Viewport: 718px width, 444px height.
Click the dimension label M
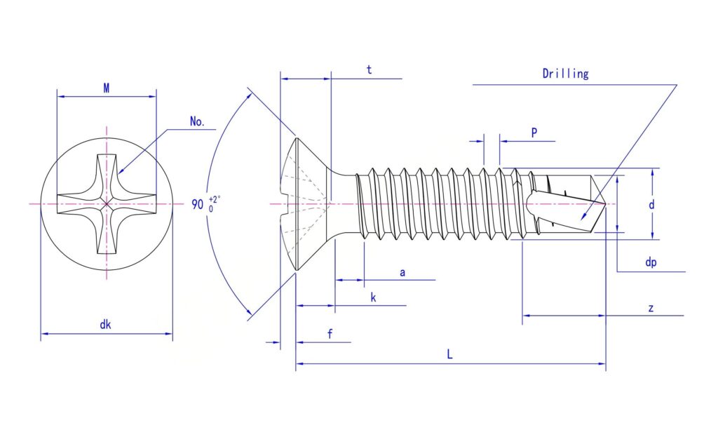click(x=107, y=88)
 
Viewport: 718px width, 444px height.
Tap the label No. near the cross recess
click(x=197, y=121)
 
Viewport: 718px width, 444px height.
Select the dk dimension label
click(x=105, y=325)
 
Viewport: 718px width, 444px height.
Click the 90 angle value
click(x=197, y=204)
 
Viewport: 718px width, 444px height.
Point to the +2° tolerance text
click(x=215, y=199)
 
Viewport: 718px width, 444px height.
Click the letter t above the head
click(x=369, y=69)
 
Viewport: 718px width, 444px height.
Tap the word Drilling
click(x=566, y=74)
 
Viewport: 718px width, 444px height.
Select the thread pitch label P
click(x=534, y=133)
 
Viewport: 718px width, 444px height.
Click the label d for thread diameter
click(x=651, y=204)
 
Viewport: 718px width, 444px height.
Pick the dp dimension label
click(x=651, y=262)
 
